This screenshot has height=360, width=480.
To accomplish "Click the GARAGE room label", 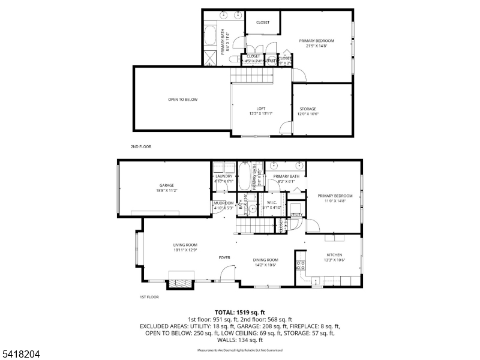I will pyautogui.click(x=166, y=185).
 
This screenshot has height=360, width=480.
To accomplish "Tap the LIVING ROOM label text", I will pyautogui.click(x=185, y=245).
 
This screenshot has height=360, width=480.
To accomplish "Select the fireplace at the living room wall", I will pyautogui.click(x=181, y=279).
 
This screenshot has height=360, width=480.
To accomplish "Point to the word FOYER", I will pyautogui.click(x=224, y=257).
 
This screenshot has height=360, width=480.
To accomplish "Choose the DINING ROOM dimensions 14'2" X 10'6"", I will pyautogui.click(x=265, y=265).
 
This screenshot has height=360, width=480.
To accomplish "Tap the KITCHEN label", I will pyautogui.click(x=334, y=254).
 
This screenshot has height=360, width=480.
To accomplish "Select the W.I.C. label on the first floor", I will pyautogui.click(x=271, y=203).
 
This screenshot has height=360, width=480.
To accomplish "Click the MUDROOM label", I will pyautogui.click(x=223, y=203).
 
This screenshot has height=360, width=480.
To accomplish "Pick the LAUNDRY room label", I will pyautogui.click(x=224, y=176).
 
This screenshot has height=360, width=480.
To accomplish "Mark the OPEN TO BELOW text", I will pyautogui.click(x=182, y=99).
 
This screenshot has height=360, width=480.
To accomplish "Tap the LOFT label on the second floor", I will pyautogui.click(x=261, y=109).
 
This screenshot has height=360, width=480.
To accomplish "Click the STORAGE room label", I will pyautogui.click(x=308, y=109).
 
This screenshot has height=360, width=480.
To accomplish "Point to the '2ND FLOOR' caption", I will pyautogui.click(x=140, y=146).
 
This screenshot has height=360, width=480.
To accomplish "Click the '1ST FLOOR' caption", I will pyautogui.click(x=149, y=297).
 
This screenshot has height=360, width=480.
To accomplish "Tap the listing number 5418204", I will pyautogui.click(x=20, y=354).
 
